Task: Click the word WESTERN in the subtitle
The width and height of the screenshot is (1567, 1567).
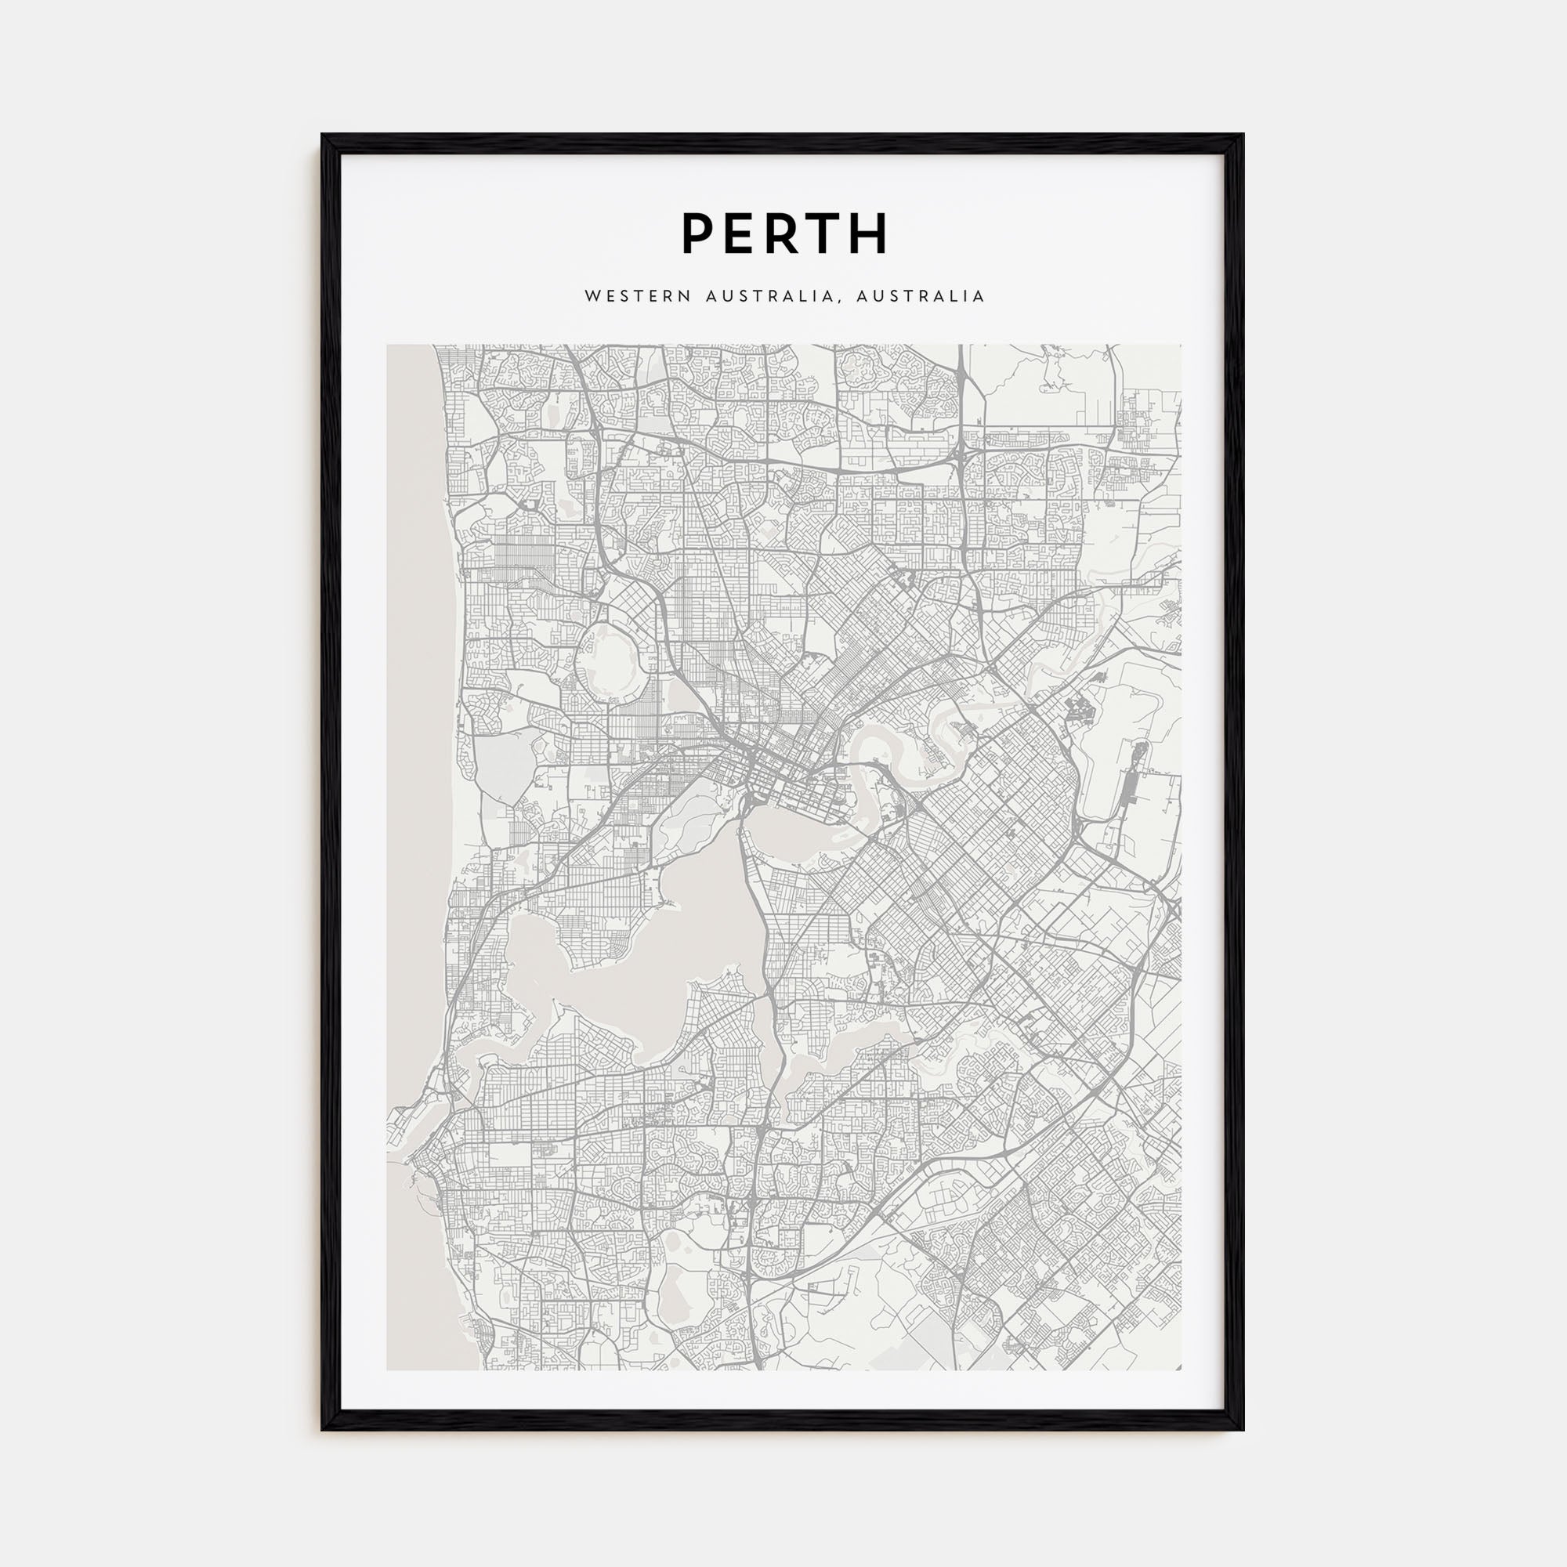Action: [x=638, y=297]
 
